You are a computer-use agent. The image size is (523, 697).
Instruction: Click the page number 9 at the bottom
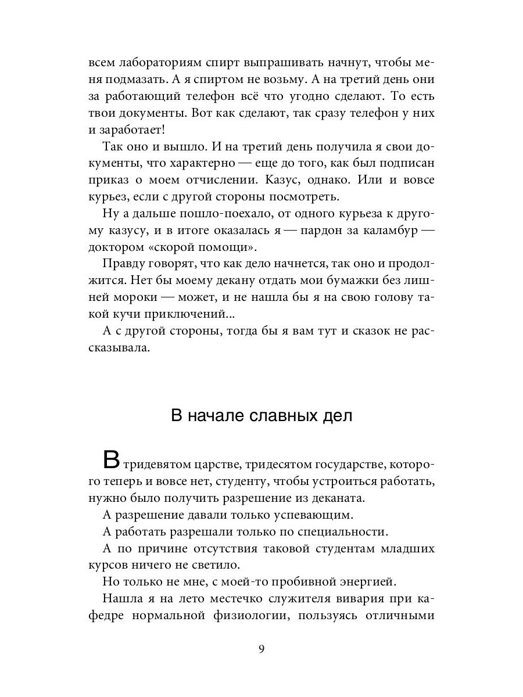point(262,649)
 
